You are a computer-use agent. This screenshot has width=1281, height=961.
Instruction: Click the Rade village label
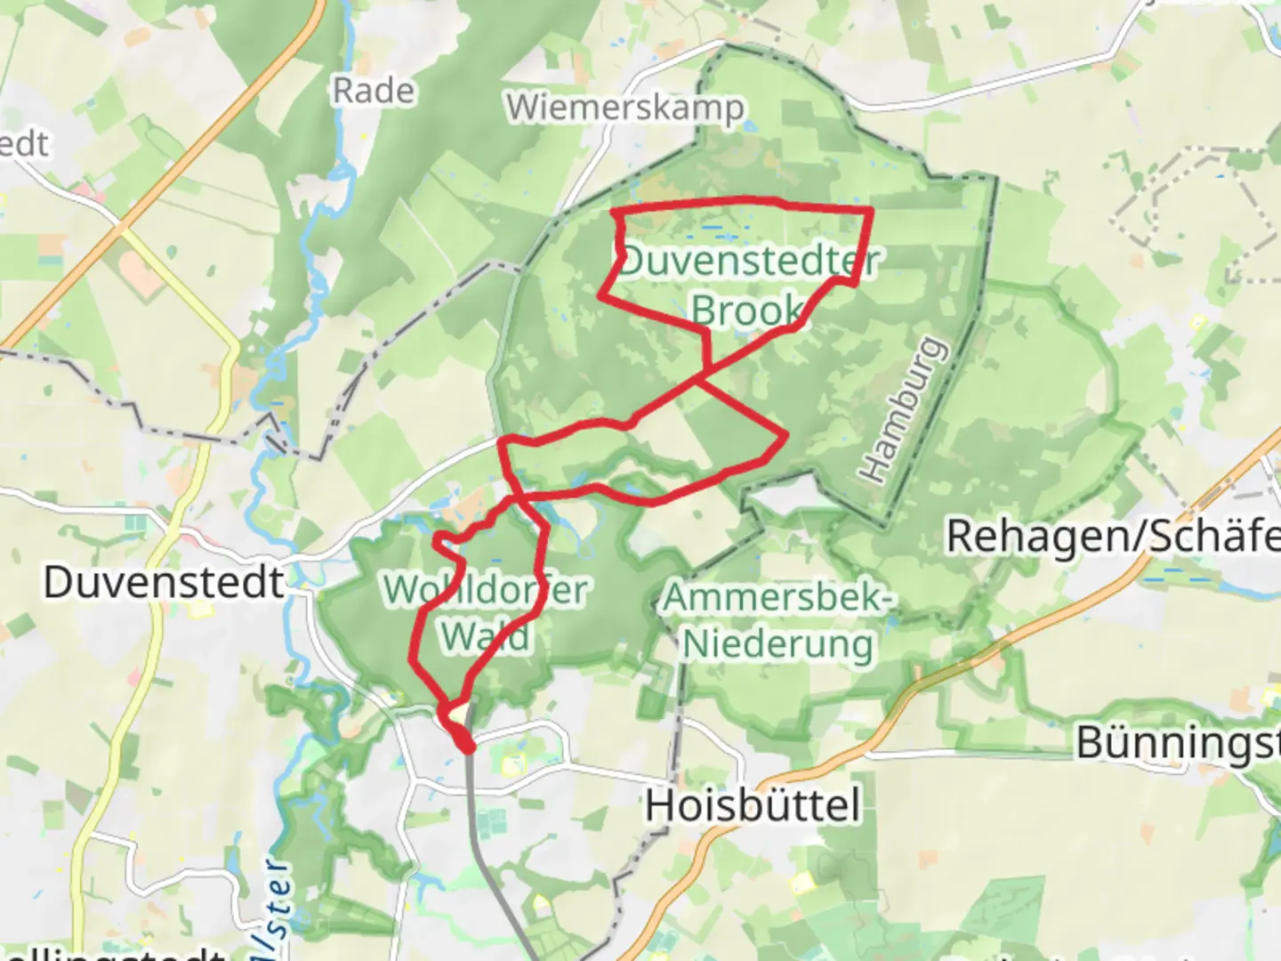coord(374,90)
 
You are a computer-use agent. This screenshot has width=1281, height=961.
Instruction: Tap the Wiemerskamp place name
coord(625,108)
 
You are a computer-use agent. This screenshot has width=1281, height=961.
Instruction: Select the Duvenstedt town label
coord(165,583)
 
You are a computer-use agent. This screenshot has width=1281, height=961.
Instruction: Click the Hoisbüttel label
coord(753,806)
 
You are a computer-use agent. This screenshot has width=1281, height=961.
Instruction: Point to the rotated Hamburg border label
coord(901,409)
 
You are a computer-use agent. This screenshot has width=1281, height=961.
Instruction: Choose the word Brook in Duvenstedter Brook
coord(747,310)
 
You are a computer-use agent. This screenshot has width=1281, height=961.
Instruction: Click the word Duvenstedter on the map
coord(749,261)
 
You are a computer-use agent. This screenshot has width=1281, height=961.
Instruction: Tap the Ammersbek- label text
coord(777,598)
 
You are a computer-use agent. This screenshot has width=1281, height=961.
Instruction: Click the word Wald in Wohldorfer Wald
coord(486,636)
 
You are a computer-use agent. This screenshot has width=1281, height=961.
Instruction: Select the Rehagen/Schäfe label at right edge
coord(1112,536)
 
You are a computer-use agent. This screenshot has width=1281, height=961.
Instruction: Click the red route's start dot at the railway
coord(466,745)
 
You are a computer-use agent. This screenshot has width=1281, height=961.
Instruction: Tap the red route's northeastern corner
coord(870,210)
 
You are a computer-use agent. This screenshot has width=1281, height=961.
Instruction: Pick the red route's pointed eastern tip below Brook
coord(786,435)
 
